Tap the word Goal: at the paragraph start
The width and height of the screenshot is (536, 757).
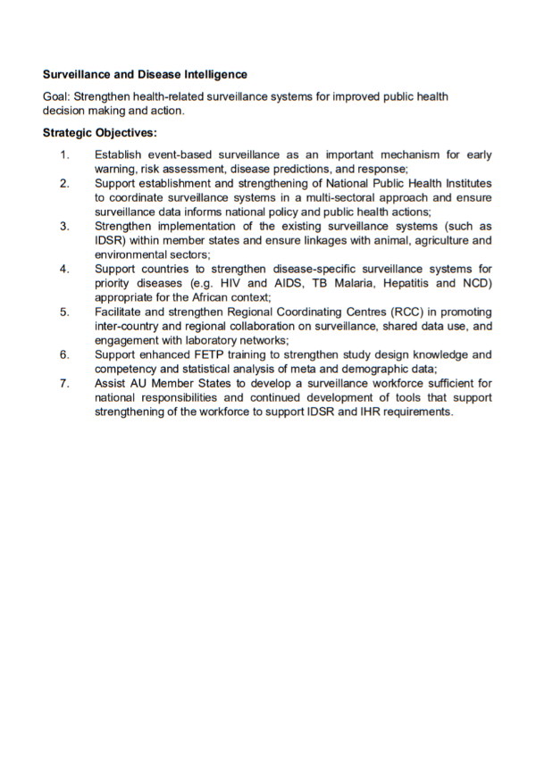57,96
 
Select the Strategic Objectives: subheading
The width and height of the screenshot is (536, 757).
99,134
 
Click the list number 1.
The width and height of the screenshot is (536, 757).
64,155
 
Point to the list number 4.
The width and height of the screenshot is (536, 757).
64,269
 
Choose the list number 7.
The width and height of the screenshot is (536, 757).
64,383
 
